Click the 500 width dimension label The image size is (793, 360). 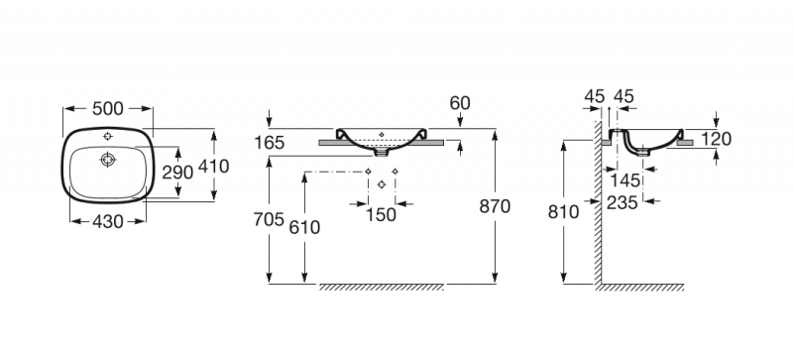107,108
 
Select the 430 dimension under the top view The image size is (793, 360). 107,221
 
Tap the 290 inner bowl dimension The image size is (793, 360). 177,173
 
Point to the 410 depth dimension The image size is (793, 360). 213,166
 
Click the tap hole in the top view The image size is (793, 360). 108,136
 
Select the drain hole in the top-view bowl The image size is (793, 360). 108,160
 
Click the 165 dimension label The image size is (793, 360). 269,143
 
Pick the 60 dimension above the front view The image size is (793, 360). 460,103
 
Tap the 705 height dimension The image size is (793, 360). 269,220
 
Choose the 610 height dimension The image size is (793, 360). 304,228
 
